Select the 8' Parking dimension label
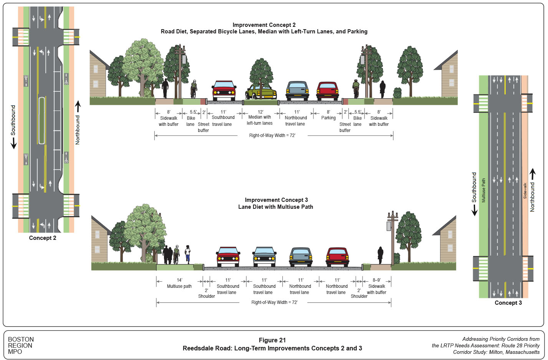(x=328, y=115)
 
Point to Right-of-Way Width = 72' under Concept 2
(x=272, y=135)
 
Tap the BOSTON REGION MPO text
(x=21, y=345)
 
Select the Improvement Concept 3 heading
(x=276, y=203)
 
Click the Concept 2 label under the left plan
(x=43, y=238)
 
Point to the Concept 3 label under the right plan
(x=508, y=303)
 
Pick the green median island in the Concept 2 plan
(x=41, y=121)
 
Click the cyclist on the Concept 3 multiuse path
(x=176, y=254)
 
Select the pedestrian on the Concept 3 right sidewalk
(x=380, y=255)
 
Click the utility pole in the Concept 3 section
(x=392, y=238)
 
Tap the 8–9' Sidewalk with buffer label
(x=376, y=286)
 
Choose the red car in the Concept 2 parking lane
(x=328, y=91)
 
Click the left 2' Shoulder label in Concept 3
(x=206, y=293)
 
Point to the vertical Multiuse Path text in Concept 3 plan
(x=483, y=190)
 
